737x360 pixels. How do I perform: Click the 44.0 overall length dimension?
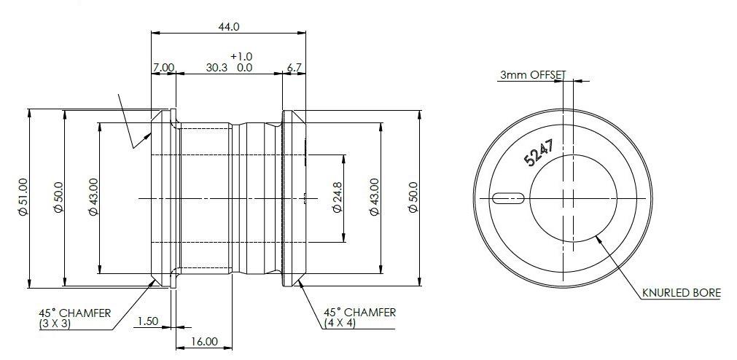point(228,26)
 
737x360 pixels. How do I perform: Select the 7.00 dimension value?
point(163,67)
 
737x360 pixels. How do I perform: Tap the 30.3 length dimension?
point(217,67)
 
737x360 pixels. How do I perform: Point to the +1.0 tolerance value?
point(241,56)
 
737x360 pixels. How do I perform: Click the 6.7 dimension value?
point(295,67)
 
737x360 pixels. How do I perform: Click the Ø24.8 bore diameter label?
point(337,197)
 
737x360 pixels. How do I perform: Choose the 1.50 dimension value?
point(147,321)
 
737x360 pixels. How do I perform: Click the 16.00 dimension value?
point(205,341)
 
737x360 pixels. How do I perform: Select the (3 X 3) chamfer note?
point(55,324)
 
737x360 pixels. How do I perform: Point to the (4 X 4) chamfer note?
point(340,324)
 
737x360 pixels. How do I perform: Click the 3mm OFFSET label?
point(533,74)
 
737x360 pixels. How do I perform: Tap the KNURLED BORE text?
point(681,293)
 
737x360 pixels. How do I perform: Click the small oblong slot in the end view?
point(508,197)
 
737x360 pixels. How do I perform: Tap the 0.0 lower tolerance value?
point(244,67)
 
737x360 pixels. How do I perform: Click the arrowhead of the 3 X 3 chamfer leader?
point(154,281)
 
